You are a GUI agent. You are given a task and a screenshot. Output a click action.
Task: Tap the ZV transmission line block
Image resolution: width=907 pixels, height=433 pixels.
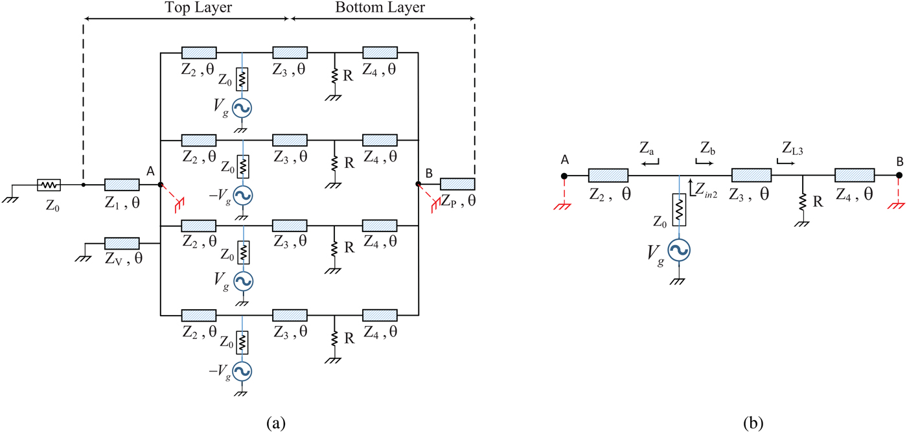[122, 244]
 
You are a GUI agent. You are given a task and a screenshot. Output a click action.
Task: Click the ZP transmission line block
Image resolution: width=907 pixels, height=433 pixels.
[457, 184]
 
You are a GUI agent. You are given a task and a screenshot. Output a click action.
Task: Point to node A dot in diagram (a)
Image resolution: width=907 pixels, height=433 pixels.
[160, 185]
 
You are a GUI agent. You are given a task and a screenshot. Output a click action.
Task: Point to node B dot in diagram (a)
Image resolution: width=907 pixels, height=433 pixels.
[419, 185]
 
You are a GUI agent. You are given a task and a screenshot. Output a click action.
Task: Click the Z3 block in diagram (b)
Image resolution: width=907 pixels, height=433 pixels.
[751, 175]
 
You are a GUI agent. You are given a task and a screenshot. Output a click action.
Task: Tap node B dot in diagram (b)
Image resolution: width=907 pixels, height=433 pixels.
[899, 176]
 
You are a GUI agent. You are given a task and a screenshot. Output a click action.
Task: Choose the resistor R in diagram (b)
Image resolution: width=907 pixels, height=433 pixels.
[802, 201]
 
